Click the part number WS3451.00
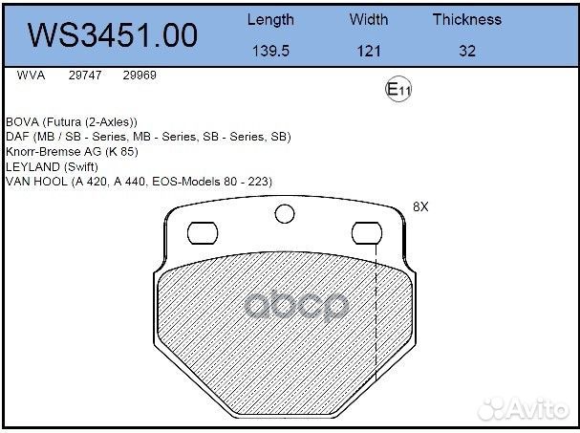point(113,35)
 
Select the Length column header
point(270,19)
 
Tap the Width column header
point(368,19)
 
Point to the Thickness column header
point(466,19)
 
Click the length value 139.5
point(270,52)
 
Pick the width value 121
point(369,52)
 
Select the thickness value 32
point(466,52)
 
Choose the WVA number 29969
point(140,74)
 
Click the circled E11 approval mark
point(397,90)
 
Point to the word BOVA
point(24,122)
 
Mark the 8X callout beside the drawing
point(420,206)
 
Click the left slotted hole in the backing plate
point(203,232)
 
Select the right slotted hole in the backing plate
point(367,232)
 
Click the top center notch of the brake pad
point(285,214)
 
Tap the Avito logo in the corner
point(526,409)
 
